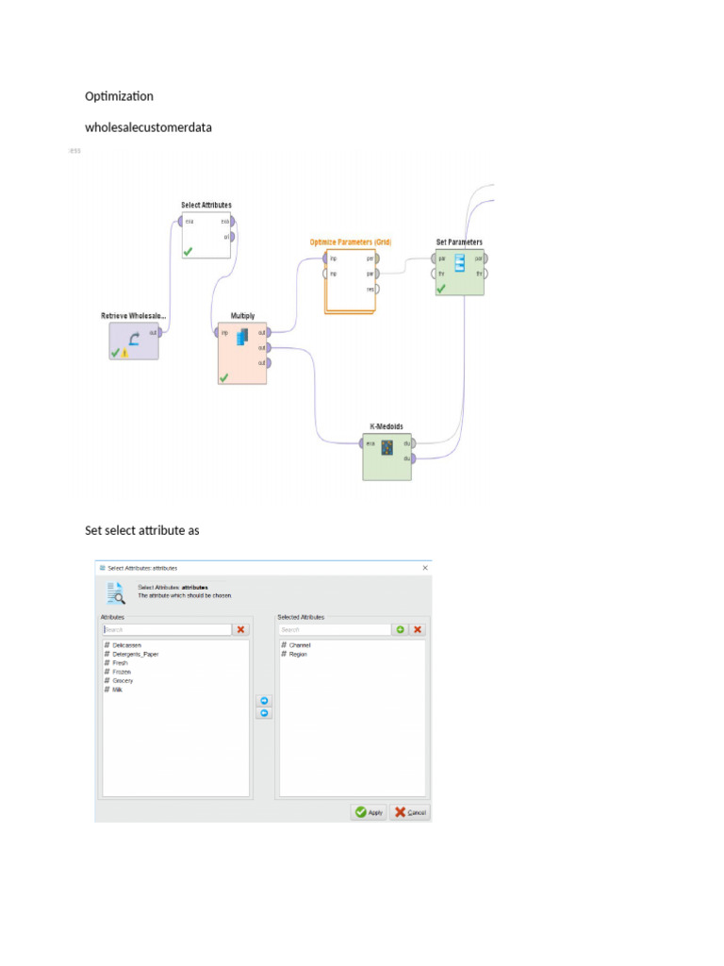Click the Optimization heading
[x=119, y=96]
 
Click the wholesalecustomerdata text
[x=148, y=127]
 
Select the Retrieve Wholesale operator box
[x=134, y=340]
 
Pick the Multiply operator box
[x=242, y=354]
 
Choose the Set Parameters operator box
[x=459, y=273]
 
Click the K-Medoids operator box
[x=387, y=457]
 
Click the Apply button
[x=369, y=812]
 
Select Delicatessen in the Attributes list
[x=128, y=645]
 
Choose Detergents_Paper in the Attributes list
[x=135, y=654]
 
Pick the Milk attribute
[x=118, y=690]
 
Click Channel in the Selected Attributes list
[x=299, y=645]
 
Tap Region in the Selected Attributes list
[x=298, y=654]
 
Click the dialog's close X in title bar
[x=425, y=568]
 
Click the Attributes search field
[x=166, y=629]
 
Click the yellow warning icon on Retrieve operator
[x=124, y=353]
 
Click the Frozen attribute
[x=122, y=672]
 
